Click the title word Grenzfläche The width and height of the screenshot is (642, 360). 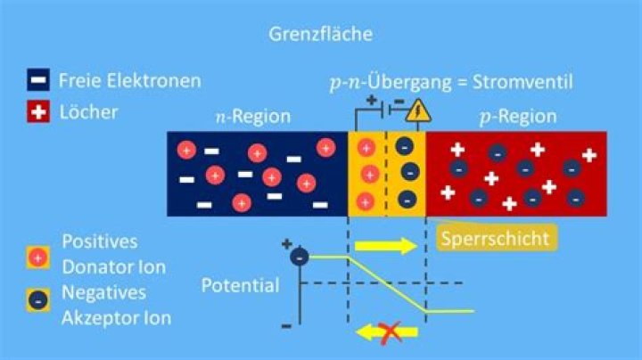tap(321, 34)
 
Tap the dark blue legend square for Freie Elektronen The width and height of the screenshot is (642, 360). tap(38, 79)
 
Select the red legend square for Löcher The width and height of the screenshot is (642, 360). tap(38, 111)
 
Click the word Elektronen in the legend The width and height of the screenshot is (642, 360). tap(154, 80)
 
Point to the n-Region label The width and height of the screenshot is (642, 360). tap(253, 117)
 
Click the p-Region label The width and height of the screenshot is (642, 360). tap(518, 117)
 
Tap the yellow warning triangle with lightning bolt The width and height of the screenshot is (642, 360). tap(417, 111)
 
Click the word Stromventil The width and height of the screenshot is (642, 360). tap(523, 82)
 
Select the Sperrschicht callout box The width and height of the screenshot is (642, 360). tap(496, 238)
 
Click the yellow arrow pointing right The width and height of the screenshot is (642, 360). tap(386, 246)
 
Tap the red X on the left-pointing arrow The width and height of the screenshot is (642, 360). tap(390, 333)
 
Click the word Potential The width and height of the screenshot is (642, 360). tap(241, 285)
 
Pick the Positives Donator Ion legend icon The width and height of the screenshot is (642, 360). tap(38, 258)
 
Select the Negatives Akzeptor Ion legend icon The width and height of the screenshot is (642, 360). tap(38, 300)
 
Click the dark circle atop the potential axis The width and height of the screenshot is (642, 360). tap(300, 257)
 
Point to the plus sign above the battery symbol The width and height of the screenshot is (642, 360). tap(371, 100)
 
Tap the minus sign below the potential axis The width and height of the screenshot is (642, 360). tap(286, 326)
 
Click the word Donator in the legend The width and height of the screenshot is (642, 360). tap(100, 267)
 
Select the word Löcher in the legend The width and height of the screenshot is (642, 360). tap(88, 112)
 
